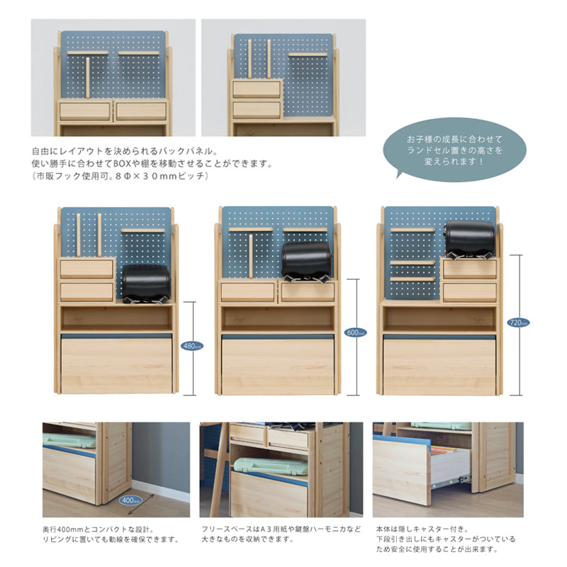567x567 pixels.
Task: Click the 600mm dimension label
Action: (x=355, y=332)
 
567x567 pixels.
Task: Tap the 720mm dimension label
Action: (x=517, y=322)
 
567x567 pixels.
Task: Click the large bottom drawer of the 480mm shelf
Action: (x=116, y=364)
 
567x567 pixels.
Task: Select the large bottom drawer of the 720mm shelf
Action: (x=440, y=364)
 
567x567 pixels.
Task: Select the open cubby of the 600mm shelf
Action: (x=277, y=318)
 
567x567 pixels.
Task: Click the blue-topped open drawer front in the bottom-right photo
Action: (x=401, y=468)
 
